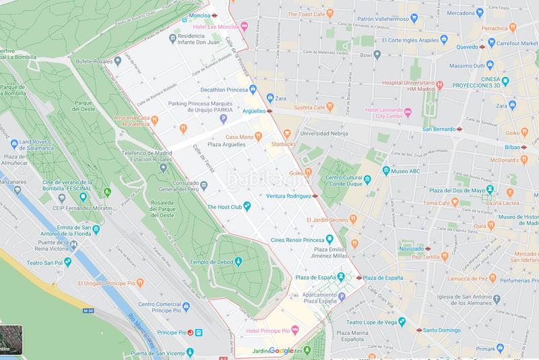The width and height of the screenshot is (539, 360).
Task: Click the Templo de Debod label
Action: coord(207,262)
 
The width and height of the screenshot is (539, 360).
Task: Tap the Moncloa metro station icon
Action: coord(214,14)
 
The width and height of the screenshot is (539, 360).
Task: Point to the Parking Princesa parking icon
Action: coord(224,119)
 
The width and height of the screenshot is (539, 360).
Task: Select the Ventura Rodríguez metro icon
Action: coord(315,196)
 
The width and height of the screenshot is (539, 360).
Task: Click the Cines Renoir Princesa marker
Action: coord(329,238)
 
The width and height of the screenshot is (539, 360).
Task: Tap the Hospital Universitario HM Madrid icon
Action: coord(439,85)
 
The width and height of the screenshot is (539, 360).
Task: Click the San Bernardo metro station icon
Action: coord(459,128)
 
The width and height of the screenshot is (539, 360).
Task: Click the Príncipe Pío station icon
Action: coord(190,332)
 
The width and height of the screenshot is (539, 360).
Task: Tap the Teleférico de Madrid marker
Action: coord(164,167)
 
